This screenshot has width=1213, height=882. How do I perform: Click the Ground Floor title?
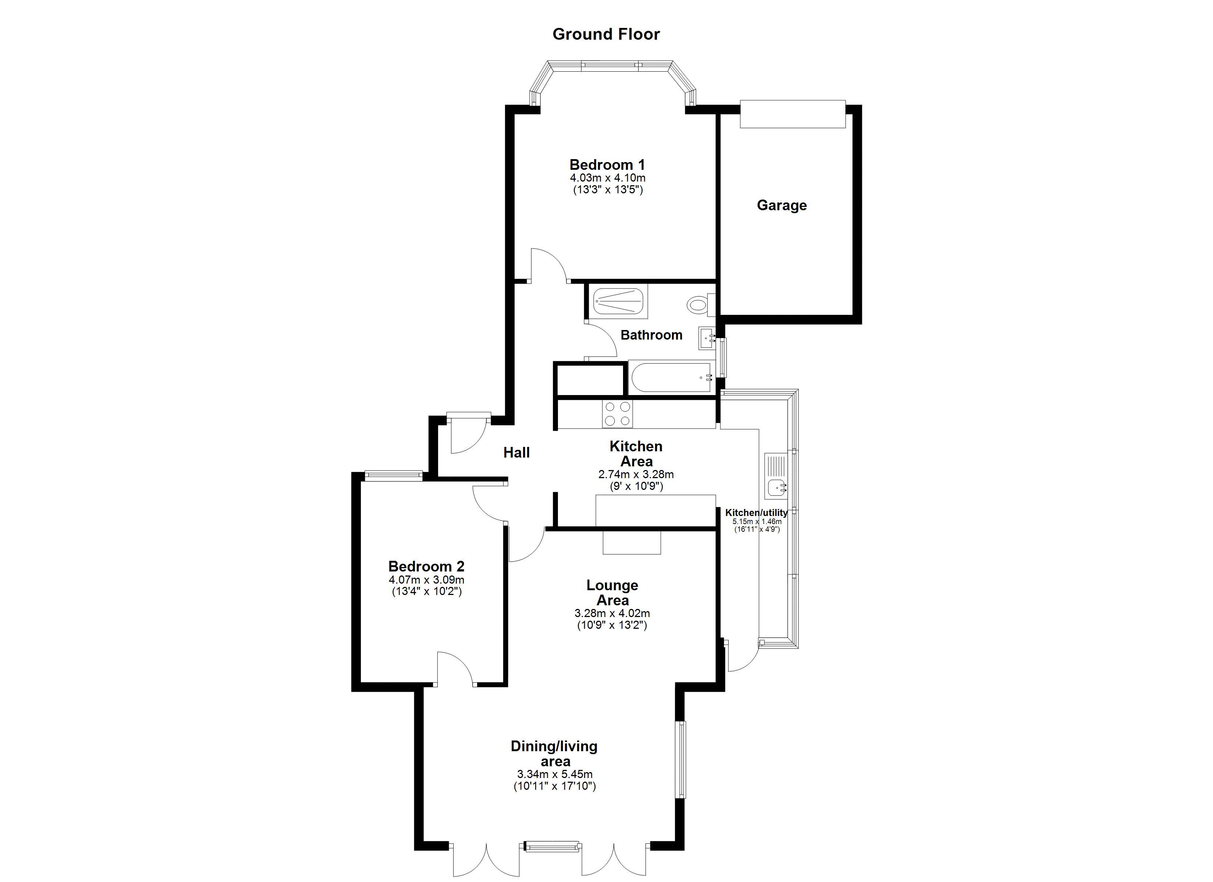click(606, 34)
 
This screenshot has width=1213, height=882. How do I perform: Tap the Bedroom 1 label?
click(607, 164)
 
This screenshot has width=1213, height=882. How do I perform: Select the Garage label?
click(781, 205)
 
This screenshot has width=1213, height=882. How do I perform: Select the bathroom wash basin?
click(707, 338)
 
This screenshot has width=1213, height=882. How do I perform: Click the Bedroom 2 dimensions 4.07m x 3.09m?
click(426, 580)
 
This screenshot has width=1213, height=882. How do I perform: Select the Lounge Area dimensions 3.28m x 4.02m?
click(612, 613)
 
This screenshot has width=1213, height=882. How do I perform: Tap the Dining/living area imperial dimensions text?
click(555, 786)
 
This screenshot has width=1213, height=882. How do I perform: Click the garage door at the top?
click(792, 114)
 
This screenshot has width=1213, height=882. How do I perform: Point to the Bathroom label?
click(651, 335)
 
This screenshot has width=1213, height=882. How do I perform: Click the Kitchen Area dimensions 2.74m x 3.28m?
click(636, 474)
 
